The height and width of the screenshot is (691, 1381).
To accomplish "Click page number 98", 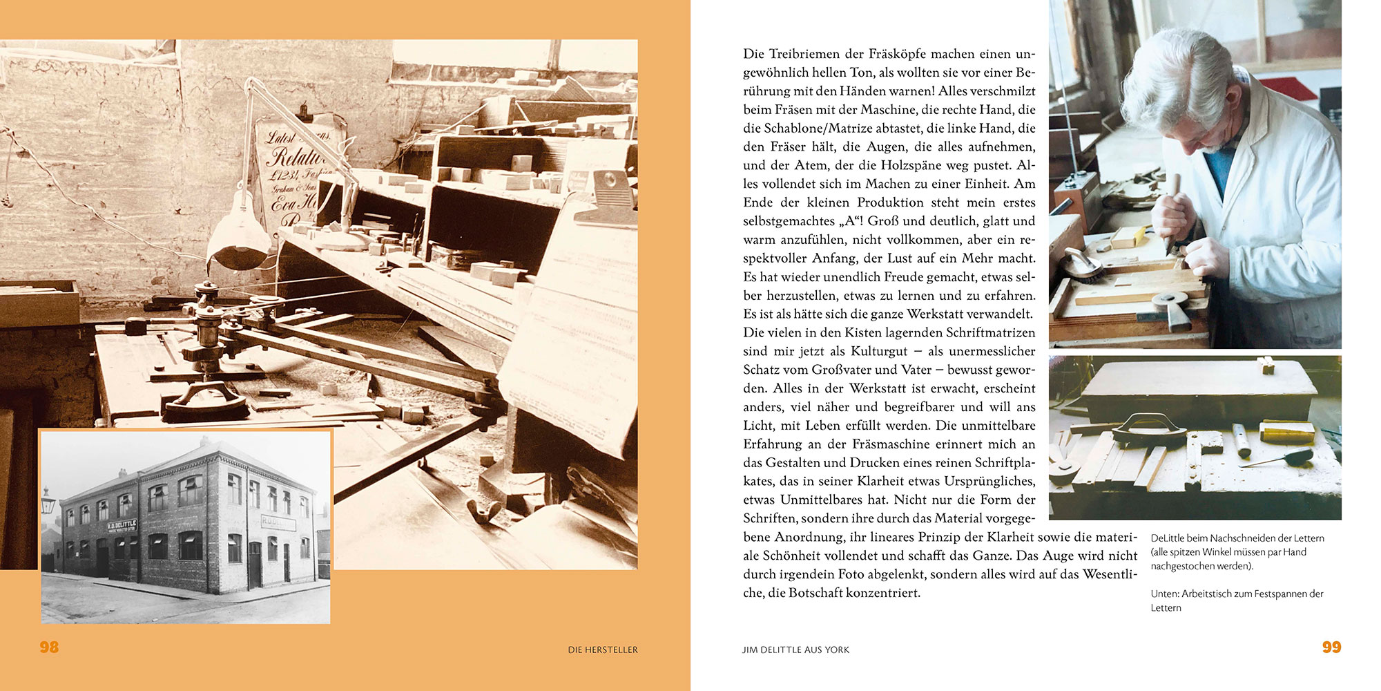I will pyautogui.click(x=49, y=647).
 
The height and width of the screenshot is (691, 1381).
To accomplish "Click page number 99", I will pyautogui.click(x=1331, y=647).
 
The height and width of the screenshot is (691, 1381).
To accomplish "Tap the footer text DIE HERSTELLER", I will pyautogui.click(x=602, y=650).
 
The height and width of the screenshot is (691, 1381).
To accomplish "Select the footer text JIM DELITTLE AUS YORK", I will pyautogui.click(x=795, y=650).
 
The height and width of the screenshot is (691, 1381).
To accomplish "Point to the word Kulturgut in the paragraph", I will pyautogui.click(x=878, y=351).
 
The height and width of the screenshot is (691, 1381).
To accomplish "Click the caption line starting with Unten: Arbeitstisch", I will pyautogui.click(x=1236, y=594).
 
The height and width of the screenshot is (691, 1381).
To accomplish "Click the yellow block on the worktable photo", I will pyautogui.click(x=1286, y=431).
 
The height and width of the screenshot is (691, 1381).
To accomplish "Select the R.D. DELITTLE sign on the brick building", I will pyautogui.click(x=122, y=526).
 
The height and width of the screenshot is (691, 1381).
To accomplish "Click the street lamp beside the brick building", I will pyautogui.click(x=48, y=501).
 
